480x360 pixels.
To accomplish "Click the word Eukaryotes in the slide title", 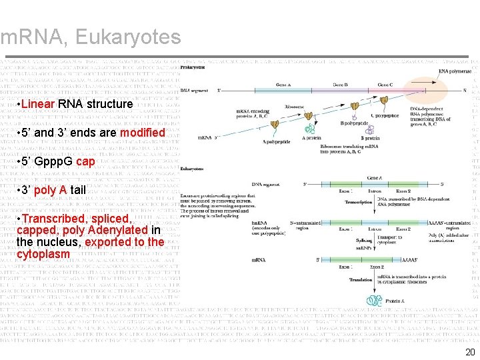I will coord(128,37).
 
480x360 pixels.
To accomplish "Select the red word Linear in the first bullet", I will coord(39,104).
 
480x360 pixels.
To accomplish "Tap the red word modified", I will coord(142,133).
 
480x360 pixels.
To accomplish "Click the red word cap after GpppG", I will coord(85,161).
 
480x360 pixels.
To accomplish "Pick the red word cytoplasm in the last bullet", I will coord(43,255).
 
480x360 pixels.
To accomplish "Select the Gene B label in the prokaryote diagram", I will coord(340,85).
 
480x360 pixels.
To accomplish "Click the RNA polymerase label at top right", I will coord(455,71).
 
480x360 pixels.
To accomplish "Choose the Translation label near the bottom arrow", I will coord(361,280).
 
